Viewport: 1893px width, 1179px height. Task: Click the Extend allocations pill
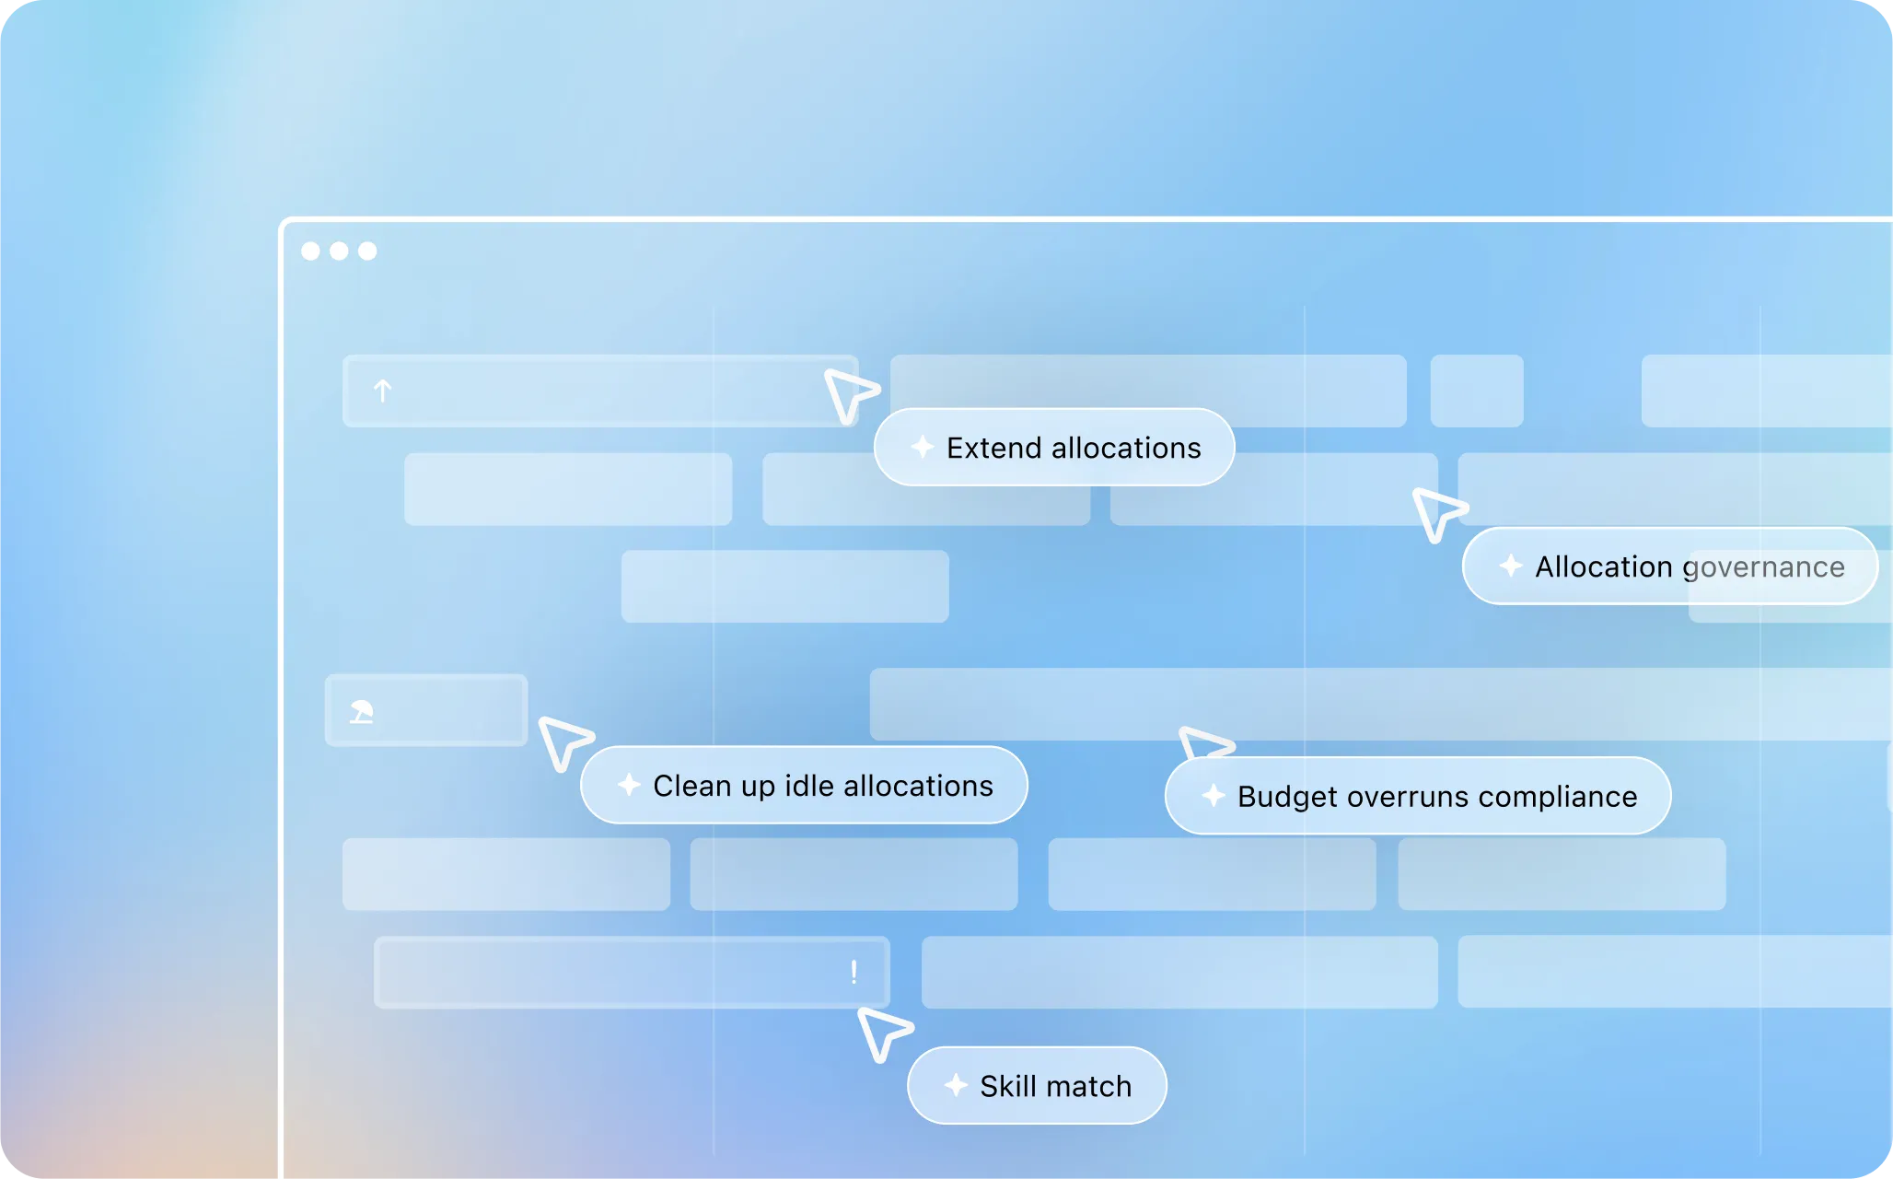pos(1053,448)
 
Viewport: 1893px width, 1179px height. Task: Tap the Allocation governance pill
pos(1668,566)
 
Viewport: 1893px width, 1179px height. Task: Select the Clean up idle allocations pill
pos(803,786)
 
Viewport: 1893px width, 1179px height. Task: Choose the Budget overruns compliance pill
pos(1417,797)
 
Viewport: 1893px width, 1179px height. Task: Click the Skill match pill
pos(1037,1086)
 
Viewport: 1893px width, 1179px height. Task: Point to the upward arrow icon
pos(383,391)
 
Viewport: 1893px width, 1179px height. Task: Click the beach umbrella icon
pos(362,711)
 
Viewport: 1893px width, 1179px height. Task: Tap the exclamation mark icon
pos(854,972)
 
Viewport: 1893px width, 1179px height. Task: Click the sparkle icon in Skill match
pos(956,1085)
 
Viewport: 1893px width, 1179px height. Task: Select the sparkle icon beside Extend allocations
pos(923,447)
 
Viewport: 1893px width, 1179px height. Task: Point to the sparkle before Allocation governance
pos(1511,566)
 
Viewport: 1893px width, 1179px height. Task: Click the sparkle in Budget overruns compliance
pos(1214,796)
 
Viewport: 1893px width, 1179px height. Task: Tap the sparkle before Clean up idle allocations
pos(629,785)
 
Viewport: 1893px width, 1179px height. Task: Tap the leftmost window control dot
pos(311,251)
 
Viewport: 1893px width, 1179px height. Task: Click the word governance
pos(1763,567)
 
